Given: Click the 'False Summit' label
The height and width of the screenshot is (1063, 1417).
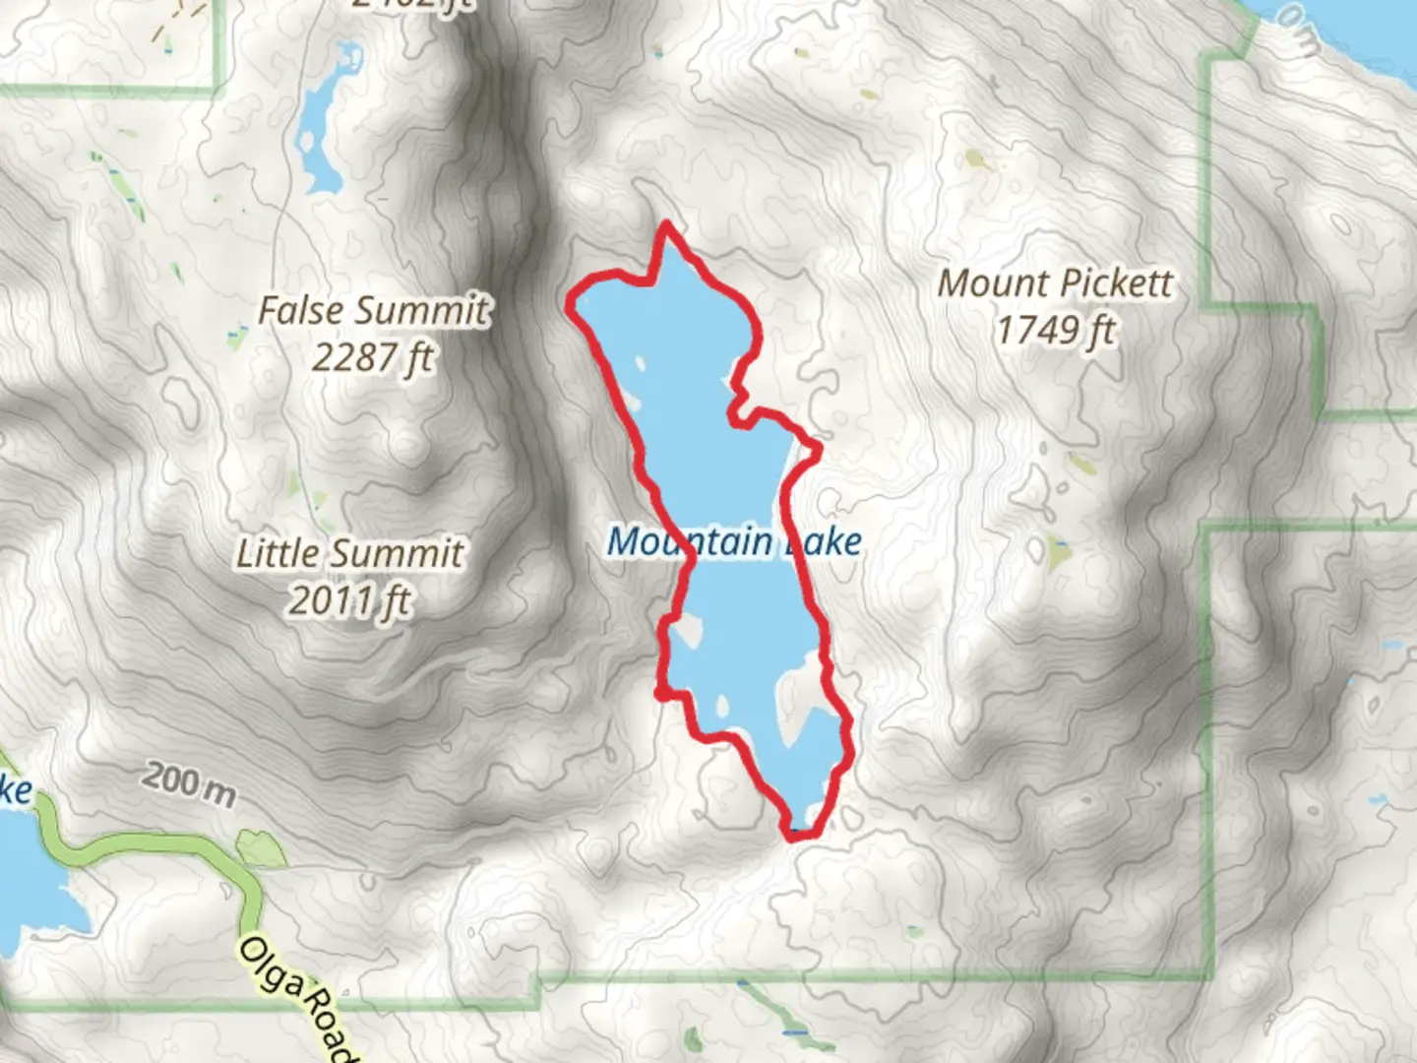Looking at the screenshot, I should [373, 311].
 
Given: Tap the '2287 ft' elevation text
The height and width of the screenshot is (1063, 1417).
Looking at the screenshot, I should [373, 357].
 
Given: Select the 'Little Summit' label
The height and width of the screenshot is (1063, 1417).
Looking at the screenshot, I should [349, 553].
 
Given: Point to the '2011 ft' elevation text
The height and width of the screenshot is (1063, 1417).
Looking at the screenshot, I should [349, 599].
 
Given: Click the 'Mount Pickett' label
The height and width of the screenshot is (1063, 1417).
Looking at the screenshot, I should [1055, 283].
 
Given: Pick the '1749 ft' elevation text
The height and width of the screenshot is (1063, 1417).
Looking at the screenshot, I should [1055, 331].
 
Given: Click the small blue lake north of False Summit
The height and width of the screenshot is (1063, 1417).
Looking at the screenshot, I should [321, 123].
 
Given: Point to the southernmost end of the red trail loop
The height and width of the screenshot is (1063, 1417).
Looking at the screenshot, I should [795, 836].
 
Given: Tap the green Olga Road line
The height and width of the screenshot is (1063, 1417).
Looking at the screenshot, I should [148, 847].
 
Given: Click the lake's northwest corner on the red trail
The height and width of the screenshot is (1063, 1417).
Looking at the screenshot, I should [572, 304].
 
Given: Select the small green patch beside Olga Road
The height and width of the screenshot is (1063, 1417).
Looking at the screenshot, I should [261, 848].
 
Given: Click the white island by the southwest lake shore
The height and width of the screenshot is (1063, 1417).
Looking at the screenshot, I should [687, 630].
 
